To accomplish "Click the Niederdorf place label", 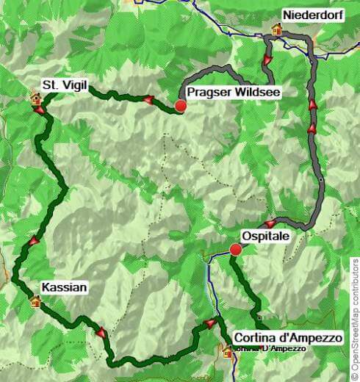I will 312,15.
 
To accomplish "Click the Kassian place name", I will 64,289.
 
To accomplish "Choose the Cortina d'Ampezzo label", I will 288,337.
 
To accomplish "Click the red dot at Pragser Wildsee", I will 181,106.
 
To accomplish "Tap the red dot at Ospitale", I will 235,250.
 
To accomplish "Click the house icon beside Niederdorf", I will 278,29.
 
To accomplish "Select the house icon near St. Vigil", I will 34,97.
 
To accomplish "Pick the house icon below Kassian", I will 35,300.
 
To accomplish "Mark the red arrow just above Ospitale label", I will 270,223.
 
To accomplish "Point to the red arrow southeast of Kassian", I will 101,332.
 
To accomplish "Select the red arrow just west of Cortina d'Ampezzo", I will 212,323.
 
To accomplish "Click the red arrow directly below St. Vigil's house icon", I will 38,110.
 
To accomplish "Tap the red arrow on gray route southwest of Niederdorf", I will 267,58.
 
